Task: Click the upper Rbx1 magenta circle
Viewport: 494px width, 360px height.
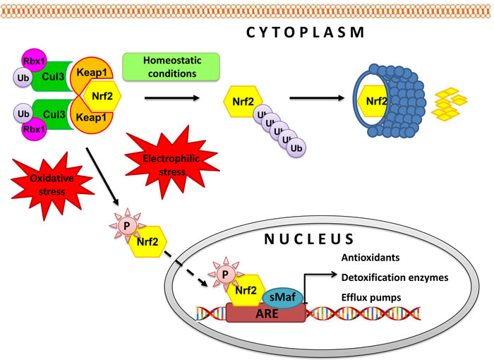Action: coord(34,61)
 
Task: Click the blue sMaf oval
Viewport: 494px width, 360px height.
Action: coord(282,292)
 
